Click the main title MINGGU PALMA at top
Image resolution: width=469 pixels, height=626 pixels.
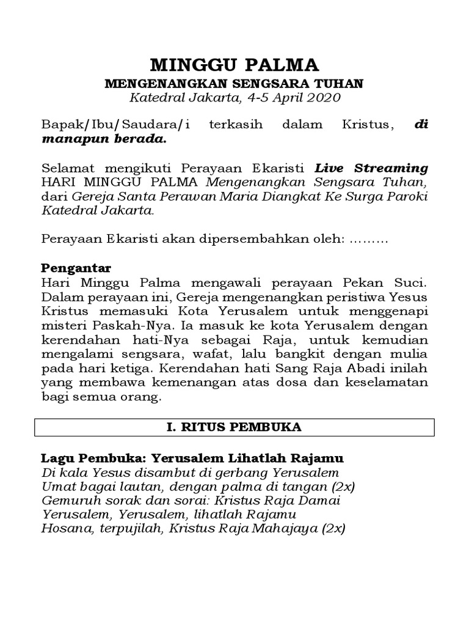click(234, 65)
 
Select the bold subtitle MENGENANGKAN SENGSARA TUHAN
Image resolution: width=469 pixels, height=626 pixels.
click(234, 83)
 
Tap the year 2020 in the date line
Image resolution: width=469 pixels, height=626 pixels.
click(323, 97)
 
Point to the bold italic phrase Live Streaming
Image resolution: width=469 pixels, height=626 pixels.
click(371, 168)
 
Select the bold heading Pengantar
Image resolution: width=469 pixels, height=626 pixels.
click(76, 268)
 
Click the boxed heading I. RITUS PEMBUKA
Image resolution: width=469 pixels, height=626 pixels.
click(234, 427)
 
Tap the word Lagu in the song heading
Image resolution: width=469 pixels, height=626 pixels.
click(56, 458)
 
